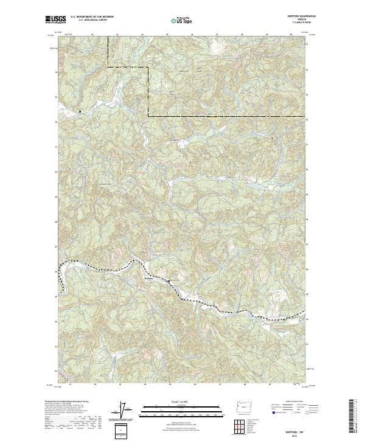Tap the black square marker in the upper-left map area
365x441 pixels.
point(79,111)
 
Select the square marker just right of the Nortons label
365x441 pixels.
point(169,281)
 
